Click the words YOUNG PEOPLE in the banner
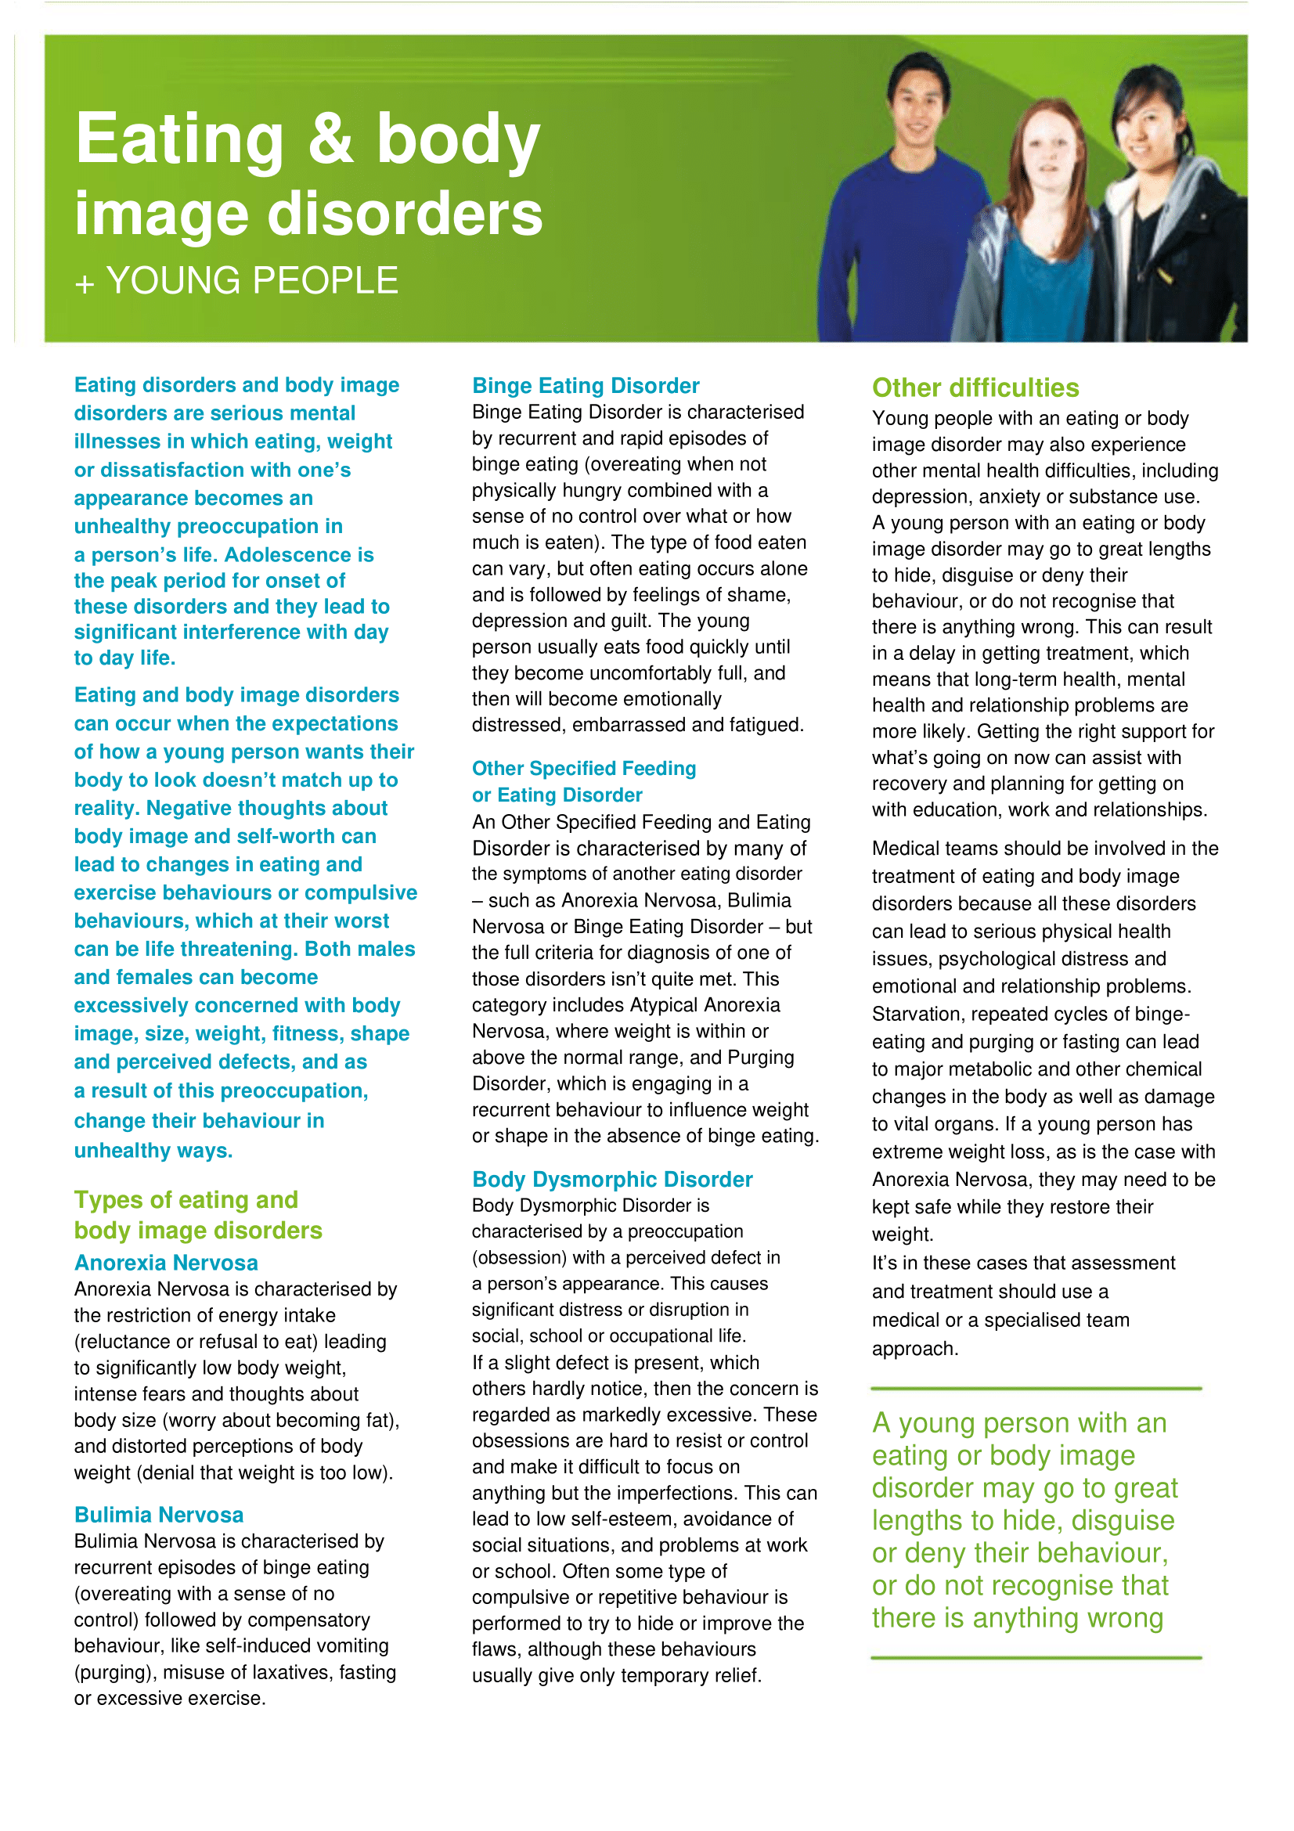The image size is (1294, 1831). click(252, 281)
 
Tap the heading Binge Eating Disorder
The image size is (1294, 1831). click(586, 386)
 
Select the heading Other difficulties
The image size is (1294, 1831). click(975, 388)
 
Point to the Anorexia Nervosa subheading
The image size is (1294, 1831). click(166, 1263)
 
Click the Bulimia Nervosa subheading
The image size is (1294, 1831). click(159, 1515)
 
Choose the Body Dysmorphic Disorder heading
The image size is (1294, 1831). click(611, 1180)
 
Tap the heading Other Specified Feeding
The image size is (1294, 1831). click(584, 769)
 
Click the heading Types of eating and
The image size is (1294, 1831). click(186, 1200)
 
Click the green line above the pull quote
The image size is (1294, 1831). click(1036, 1389)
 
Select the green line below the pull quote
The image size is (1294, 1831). click(1036, 1658)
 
